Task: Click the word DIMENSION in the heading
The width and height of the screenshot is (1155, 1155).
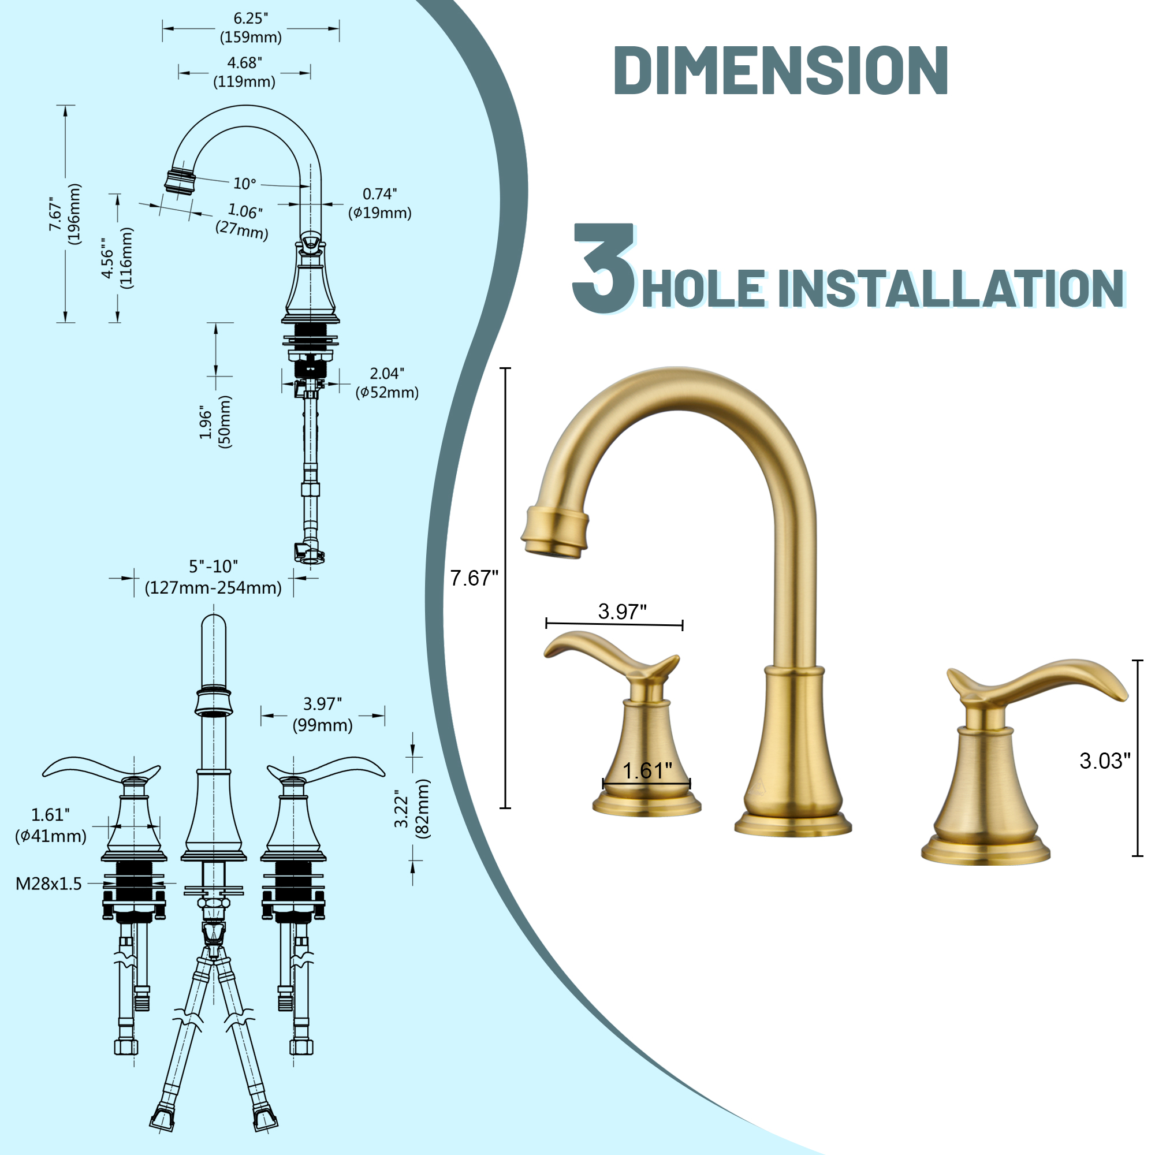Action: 780,70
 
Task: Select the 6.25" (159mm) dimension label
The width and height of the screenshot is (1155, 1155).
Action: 251,28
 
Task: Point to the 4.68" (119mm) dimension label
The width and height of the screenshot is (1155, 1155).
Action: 244,72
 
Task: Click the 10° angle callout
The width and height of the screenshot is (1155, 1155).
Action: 244,184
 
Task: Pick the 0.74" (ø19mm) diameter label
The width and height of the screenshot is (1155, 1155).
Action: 379,203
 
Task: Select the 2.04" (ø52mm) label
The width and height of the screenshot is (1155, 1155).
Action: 387,383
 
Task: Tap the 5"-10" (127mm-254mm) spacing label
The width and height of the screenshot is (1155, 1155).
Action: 214,577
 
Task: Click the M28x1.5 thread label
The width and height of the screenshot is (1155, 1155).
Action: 49,884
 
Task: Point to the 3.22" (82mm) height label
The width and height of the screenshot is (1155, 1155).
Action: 411,810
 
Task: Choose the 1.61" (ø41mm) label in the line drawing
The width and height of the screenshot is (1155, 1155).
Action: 51,825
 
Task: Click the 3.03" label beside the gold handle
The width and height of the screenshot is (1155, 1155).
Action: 1105,761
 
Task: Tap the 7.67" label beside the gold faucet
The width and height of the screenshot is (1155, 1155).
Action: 474,578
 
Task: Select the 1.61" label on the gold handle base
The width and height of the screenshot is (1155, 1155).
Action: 647,770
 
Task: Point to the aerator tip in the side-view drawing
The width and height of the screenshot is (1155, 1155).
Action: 180,181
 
